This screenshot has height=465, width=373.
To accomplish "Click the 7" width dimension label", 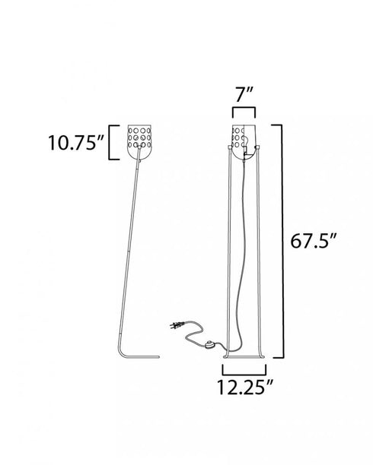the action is pyautogui.click(x=244, y=95).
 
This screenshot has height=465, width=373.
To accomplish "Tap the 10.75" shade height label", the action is pyautogui.click(x=76, y=143).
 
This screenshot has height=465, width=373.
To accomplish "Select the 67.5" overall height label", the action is pyautogui.click(x=314, y=241).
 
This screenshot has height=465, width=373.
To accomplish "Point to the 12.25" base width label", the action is pyautogui.click(x=244, y=387).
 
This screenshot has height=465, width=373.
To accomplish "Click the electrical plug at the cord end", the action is pyautogui.click(x=177, y=324).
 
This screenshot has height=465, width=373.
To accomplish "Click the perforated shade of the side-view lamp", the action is pyautogui.click(x=140, y=142).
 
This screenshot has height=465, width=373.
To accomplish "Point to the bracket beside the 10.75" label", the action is pyautogui.click(x=110, y=143).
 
